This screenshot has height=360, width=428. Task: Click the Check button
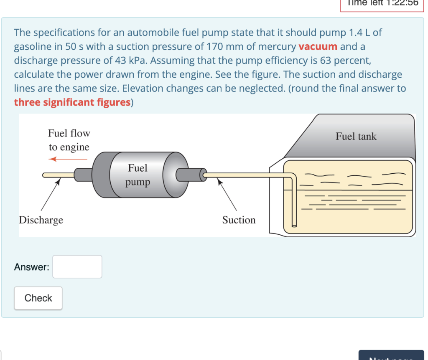38,298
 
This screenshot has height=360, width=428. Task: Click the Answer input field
77,267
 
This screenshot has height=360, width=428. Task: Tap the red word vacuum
318,46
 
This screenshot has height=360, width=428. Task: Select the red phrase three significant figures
72,103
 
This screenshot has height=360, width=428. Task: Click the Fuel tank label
356,137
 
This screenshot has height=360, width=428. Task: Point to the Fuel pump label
138,175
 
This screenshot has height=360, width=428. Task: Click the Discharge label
41,220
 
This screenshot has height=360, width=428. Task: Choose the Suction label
239,220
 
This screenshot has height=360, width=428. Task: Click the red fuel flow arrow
67,159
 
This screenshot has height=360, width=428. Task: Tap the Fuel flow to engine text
69,140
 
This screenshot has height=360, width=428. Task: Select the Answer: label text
31,267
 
